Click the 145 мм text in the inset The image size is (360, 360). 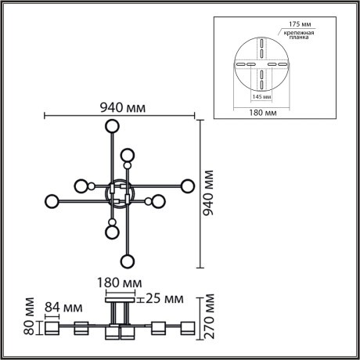click(261, 97)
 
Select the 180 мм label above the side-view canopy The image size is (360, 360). click(121, 283)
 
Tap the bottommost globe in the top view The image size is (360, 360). click(127, 260)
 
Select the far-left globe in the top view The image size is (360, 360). click(52, 200)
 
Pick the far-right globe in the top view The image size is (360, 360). click(187, 185)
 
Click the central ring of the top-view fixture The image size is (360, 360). click(120, 193)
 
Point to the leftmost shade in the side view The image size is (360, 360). click(52, 329)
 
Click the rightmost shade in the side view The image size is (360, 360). click(187, 329)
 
